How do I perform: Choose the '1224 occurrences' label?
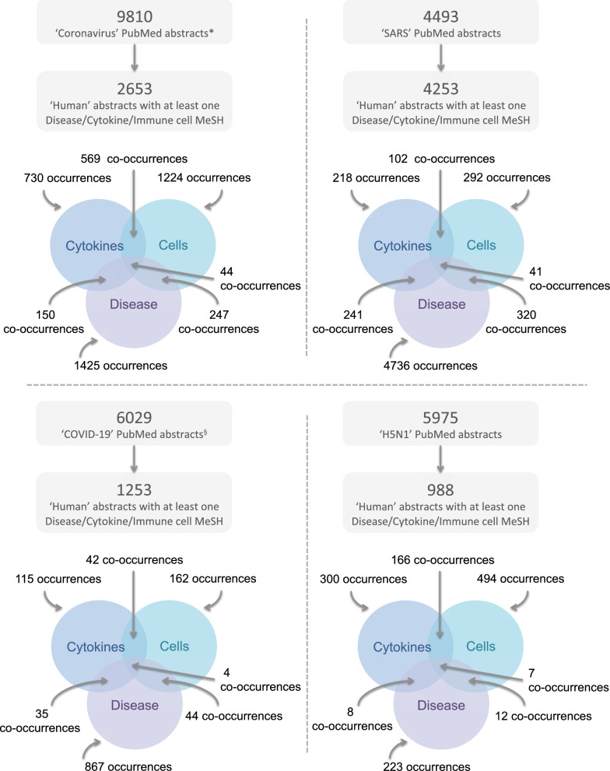pos(206,178)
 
